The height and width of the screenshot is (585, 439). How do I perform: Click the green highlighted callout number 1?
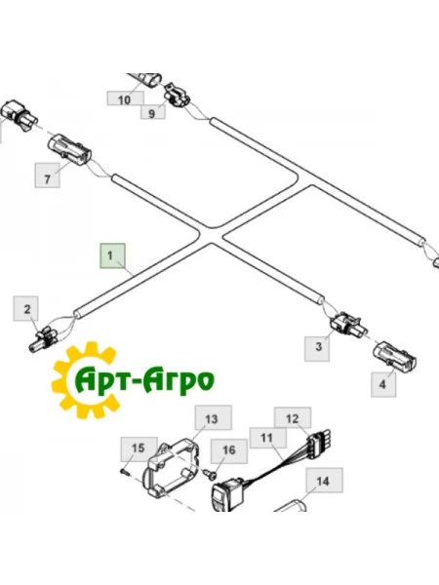click(x=112, y=255)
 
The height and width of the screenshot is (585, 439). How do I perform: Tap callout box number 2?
click(x=25, y=308)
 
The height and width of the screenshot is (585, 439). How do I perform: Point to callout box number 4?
click(x=383, y=384)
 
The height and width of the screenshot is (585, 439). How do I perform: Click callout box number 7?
click(x=48, y=175)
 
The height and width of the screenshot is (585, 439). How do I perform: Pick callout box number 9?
click(x=153, y=112)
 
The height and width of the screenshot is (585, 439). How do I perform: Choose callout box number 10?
click(x=126, y=98)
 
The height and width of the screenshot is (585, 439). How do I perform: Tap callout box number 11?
click(x=268, y=438)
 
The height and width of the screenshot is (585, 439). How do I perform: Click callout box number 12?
click(x=293, y=418)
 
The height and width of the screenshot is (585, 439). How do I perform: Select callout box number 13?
click(x=214, y=418)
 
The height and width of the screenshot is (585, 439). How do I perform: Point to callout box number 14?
click(x=325, y=481)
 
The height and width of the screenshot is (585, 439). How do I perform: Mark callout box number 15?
click(x=139, y=448)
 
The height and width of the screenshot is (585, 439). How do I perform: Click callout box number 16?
click(x=229, y=451)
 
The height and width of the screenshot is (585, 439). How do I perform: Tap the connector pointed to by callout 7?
click(x=70, y=150)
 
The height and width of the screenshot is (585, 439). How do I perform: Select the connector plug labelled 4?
click(x=395, y=356)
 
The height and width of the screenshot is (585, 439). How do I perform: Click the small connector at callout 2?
click(x=44, y=338)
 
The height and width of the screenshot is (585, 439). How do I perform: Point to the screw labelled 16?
click(x=211, y=474)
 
